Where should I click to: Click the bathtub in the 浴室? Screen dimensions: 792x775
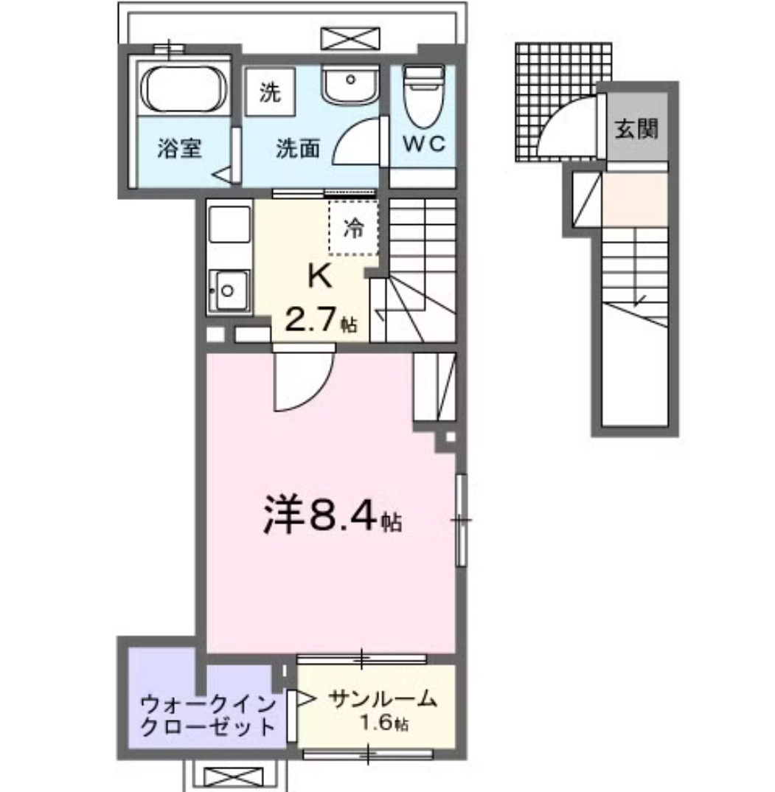click(182, 88)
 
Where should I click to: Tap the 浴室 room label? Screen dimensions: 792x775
click(178, 148)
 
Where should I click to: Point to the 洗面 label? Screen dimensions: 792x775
click(298, 148)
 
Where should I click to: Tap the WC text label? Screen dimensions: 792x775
click(423, 144)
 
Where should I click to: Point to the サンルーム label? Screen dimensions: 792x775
click(383, 698)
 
